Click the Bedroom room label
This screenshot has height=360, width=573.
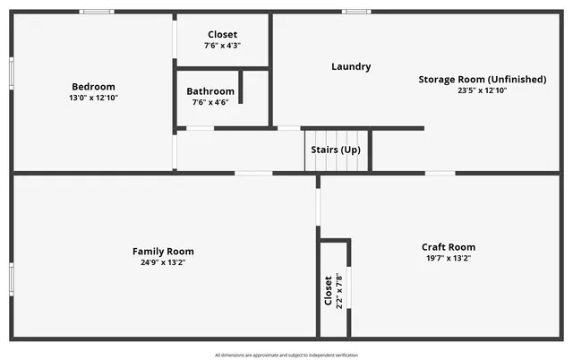(x=94, y=87)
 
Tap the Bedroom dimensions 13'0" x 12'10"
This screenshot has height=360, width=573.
(x=94, y=98)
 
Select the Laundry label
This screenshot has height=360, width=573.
(x=351, y=66)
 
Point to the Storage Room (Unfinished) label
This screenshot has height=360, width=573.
(x=482, y=80)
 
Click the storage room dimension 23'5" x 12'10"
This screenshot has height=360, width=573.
(x=482, y=90)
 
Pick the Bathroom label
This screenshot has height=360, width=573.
(x=210, y=91)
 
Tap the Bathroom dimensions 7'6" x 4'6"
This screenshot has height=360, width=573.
(x=210, y=102)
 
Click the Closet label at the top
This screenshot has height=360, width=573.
(x=223, y=35)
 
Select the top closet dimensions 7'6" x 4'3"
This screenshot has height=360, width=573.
(x=223, y=46)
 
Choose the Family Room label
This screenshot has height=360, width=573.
(x=163, y=252)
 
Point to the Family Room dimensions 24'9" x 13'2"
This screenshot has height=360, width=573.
(x=163, y=262)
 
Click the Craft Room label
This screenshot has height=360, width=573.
(x=449, y=247)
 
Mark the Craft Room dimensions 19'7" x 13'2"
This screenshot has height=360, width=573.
(x=449, y=258)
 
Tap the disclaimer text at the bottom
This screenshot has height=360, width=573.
(x=286, y=355)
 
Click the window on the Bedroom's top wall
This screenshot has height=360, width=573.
(x=97, y=12)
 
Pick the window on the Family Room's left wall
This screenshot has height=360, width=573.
(x=11, y=279)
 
